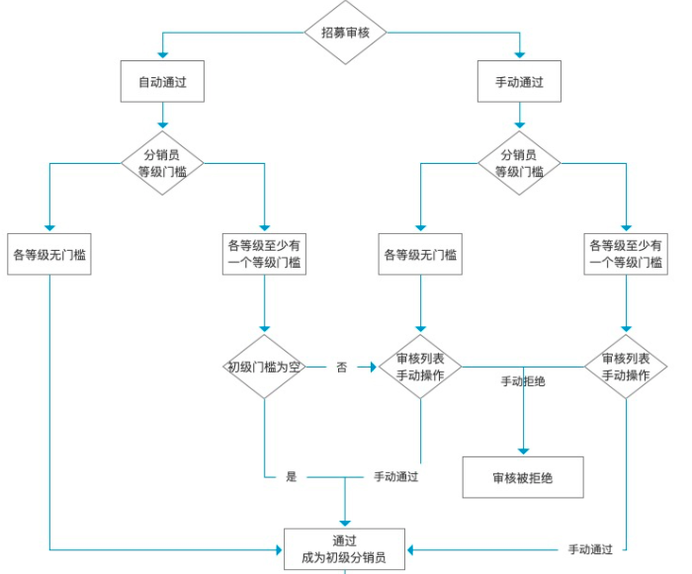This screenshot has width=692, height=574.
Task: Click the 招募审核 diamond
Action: click(x=345, y=32)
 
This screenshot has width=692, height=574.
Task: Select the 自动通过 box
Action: click(x=162, y=82)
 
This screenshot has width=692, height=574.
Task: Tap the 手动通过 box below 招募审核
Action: click(x=519, y=82)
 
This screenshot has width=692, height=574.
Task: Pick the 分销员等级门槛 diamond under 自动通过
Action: click(x=162, y=163)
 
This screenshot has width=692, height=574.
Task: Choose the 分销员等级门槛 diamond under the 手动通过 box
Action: click(x=519, y=163)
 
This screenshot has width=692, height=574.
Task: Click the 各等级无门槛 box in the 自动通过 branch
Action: click(x=49, y=254)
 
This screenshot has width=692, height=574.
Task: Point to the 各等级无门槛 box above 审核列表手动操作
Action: click(x=420, y=254)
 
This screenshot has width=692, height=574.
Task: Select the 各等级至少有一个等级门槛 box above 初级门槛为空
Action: click(x=264, y=254)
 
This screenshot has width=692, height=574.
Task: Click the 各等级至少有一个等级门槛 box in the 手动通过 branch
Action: click(x=626, y=254)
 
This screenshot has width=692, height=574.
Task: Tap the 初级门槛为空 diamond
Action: click(x=264, y=367)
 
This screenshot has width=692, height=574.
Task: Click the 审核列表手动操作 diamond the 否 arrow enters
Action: click(x=420, y=367)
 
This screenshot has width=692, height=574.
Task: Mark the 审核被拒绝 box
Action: click(x=523, y=477)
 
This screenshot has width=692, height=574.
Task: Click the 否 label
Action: click(x=341, y=367)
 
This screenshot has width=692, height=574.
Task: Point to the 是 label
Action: click(x=292, y=476)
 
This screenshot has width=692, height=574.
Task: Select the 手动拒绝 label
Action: click(x=523, y=381)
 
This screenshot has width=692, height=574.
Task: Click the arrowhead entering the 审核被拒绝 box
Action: click(x=523, y=451)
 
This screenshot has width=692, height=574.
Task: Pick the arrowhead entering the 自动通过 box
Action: click(x=162, y=56)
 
